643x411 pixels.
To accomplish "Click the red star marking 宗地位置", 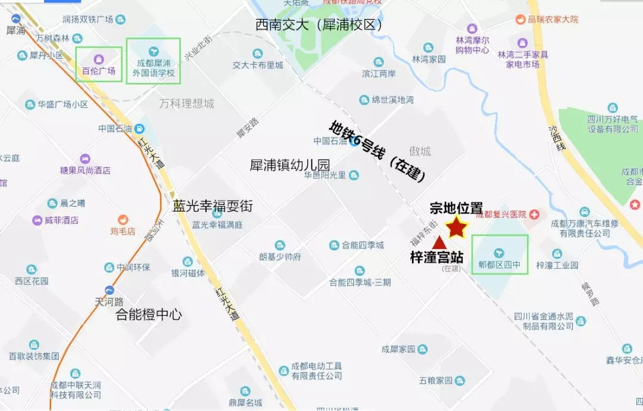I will (x=457, y=226).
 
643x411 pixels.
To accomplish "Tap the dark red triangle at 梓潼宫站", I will (x=439, y=242).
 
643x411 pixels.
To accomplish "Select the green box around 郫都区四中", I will (x=500, y=254).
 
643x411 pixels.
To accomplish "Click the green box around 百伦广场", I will (x=99, y=64).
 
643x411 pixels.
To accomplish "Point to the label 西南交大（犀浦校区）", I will (x=319, y=25).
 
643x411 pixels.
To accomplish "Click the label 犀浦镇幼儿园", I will (x=290, y=165).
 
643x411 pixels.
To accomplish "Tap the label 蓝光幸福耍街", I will (x=213, y=207).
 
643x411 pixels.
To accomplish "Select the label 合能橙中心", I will (x=148, y=315).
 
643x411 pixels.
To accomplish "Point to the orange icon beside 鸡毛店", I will (x=123, y=220).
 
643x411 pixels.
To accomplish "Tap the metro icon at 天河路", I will (x=109, y=290).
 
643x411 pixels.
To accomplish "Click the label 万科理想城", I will (x=186, y=104).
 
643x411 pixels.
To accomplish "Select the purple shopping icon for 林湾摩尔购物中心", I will (x=472, y=28).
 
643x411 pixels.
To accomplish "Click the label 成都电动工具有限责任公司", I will (x=317, y=371).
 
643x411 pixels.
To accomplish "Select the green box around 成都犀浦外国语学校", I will (x=153, y=61).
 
